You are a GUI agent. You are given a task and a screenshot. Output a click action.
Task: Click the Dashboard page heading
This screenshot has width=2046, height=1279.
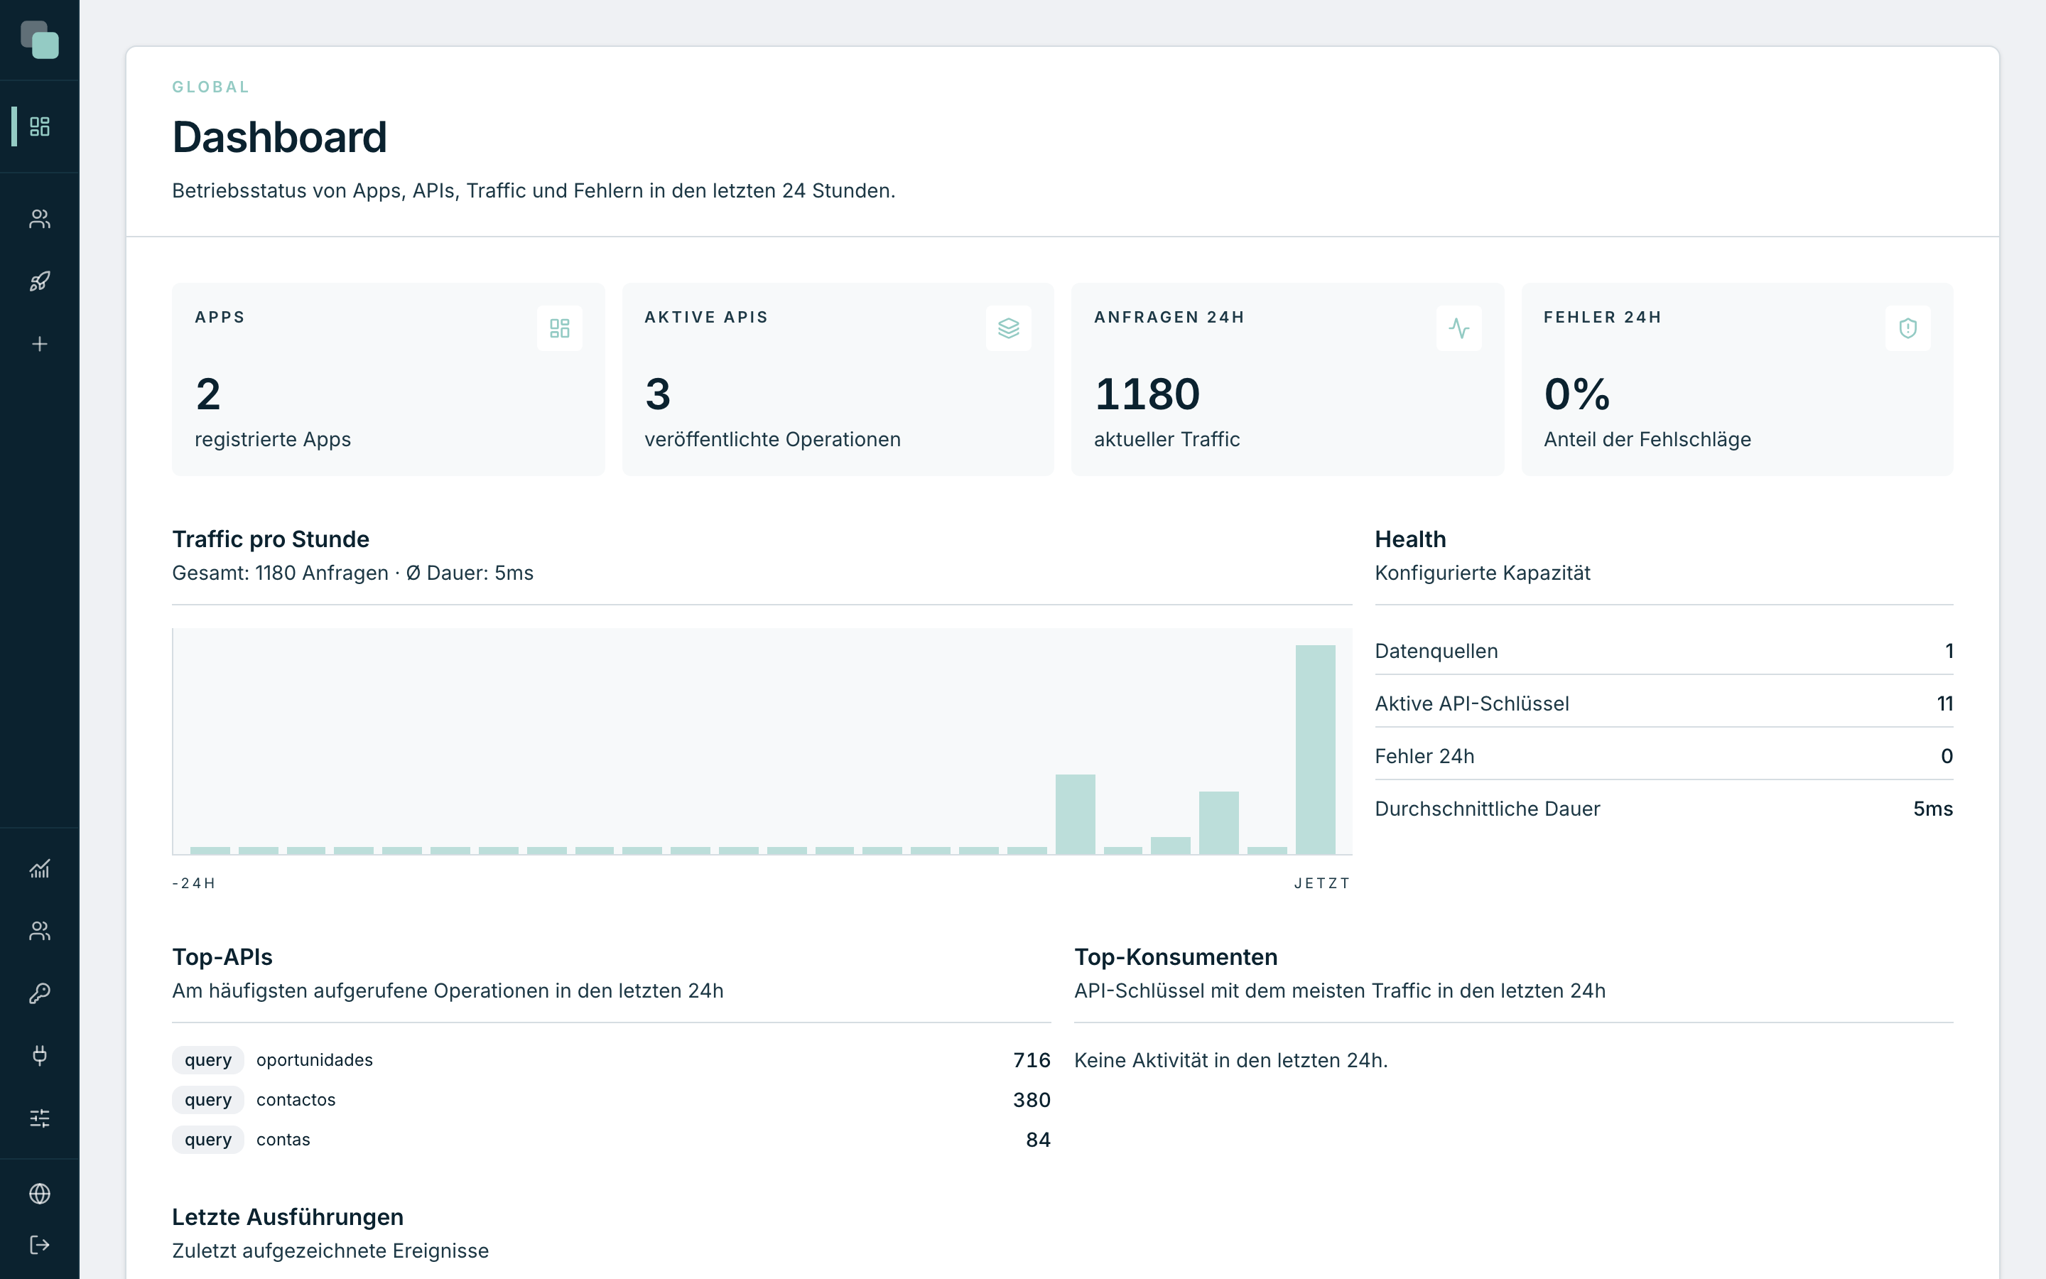279,137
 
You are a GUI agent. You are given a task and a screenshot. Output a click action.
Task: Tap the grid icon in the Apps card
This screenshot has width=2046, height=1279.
560,328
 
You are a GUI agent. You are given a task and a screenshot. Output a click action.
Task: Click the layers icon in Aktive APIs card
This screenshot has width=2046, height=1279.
1009,328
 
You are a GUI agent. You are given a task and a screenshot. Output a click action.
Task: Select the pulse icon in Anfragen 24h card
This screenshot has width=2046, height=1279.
1458,328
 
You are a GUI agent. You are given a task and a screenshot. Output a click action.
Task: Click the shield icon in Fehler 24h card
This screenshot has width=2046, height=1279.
1908,328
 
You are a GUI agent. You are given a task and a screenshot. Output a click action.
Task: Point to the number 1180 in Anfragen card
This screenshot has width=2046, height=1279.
1147,394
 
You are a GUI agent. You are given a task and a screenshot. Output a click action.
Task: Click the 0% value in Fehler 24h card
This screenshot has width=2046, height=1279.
1577,394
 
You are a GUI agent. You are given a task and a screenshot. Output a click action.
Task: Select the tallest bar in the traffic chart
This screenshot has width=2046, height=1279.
1316,750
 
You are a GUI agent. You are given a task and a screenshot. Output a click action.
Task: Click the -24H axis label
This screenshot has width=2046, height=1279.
194,883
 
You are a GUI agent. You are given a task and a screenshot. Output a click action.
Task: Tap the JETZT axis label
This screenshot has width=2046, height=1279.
1322,883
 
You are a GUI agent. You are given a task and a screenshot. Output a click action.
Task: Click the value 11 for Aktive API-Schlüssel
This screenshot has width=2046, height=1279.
1944,703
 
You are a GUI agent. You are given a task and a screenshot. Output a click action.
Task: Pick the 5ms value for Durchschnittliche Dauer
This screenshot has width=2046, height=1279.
1933,809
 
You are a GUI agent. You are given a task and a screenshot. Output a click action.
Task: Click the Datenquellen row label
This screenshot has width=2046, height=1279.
1436,652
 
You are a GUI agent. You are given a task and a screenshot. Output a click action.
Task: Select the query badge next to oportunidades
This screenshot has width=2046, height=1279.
208,1060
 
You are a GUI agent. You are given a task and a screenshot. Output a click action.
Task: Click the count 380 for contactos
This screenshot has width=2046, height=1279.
1032,1100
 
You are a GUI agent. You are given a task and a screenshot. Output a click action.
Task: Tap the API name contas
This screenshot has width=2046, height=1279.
283,1140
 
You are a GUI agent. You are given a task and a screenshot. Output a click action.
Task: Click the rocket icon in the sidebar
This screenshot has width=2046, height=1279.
40,281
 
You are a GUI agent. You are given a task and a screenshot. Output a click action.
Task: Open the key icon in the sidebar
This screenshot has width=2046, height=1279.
40,993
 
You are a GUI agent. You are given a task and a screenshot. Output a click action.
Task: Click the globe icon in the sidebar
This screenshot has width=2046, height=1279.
40,1194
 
